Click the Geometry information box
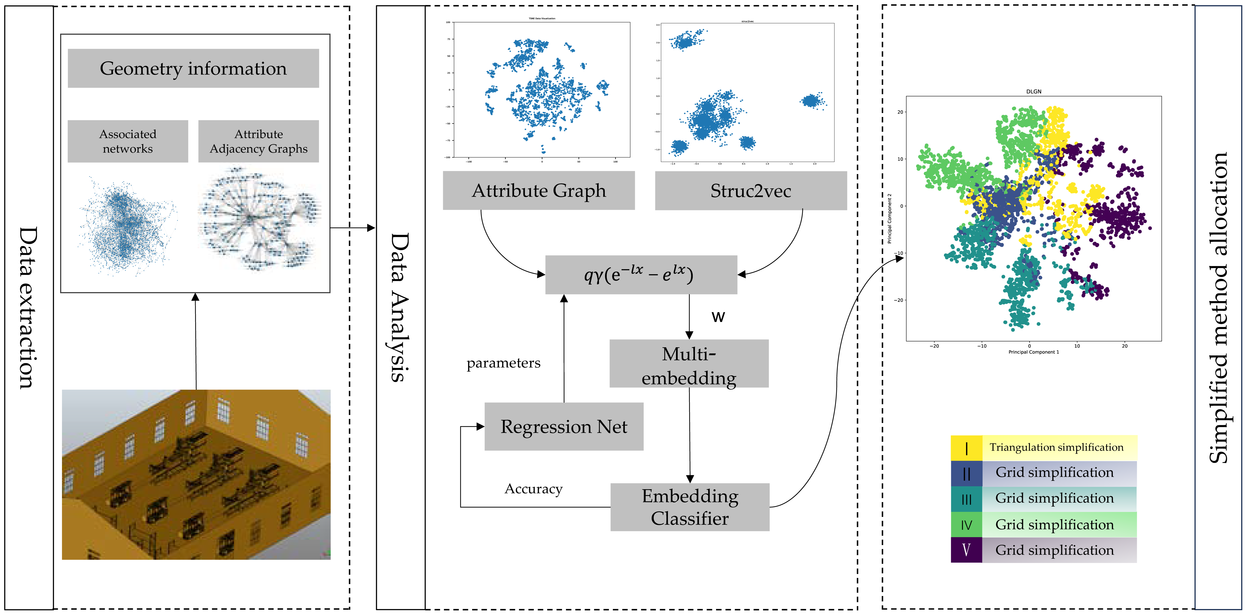pos(193,68)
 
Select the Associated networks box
pos(128,141)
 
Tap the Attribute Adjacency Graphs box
pos(258,141)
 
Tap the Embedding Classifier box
pos(690,507)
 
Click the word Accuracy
pos(533,489)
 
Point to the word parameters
pos(503,363)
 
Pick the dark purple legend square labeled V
pos(966,550)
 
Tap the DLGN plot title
pos(1033,91)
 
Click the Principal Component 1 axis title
pos(1033,352)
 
